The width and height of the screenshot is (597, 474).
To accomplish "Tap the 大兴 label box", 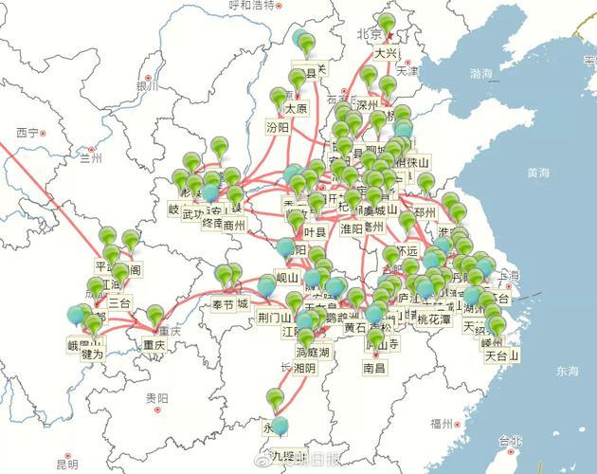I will point(386,53).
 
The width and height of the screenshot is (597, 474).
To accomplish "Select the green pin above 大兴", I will point(386,25).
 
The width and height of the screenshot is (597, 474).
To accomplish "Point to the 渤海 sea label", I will point(481,73).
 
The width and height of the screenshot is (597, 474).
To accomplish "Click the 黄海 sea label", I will point(538,173).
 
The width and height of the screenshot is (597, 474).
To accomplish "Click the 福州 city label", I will point(442,423).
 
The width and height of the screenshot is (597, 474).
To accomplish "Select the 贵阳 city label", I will point(157,399).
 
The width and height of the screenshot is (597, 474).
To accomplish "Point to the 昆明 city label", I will point(66,465).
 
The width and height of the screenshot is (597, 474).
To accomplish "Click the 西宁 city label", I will point(27,133).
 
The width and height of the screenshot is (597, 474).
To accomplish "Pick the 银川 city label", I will point(146,86).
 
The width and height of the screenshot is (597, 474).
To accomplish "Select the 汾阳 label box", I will point(278,126).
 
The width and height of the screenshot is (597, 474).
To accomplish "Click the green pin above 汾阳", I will point(278,99).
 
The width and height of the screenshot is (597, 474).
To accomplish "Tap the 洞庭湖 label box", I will point(312,353).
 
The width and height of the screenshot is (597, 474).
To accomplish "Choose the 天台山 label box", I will point(502,356).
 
